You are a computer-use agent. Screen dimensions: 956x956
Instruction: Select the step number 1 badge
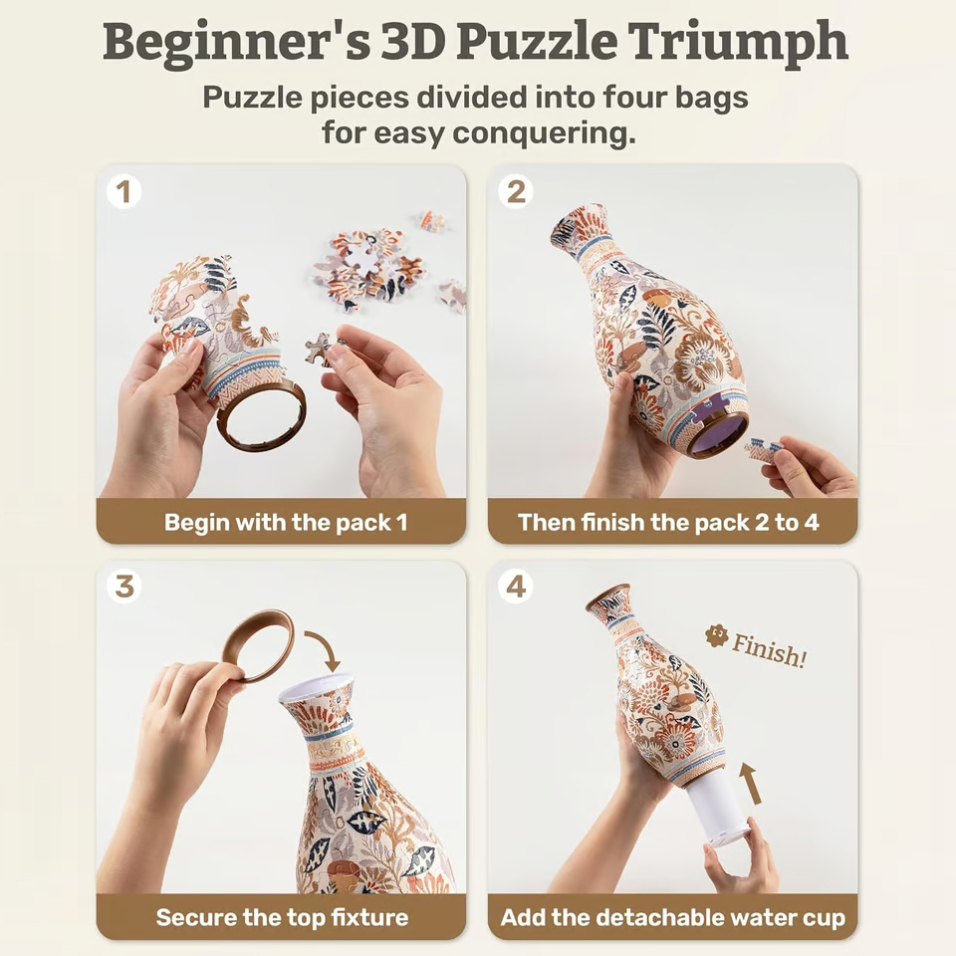123,192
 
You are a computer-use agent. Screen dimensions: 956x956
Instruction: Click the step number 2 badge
515,192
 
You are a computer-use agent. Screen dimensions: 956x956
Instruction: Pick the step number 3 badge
123,587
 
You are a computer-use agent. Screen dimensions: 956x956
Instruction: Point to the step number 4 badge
515,587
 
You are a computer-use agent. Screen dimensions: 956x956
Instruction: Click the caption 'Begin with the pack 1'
286,523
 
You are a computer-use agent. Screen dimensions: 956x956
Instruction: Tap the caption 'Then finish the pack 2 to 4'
669,523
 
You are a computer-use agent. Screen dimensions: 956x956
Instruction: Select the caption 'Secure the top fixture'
282,917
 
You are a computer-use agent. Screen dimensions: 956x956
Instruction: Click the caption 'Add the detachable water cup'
672,917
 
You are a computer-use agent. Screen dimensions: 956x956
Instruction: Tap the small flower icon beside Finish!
715,635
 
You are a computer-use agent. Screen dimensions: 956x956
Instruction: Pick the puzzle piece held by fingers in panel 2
764,449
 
